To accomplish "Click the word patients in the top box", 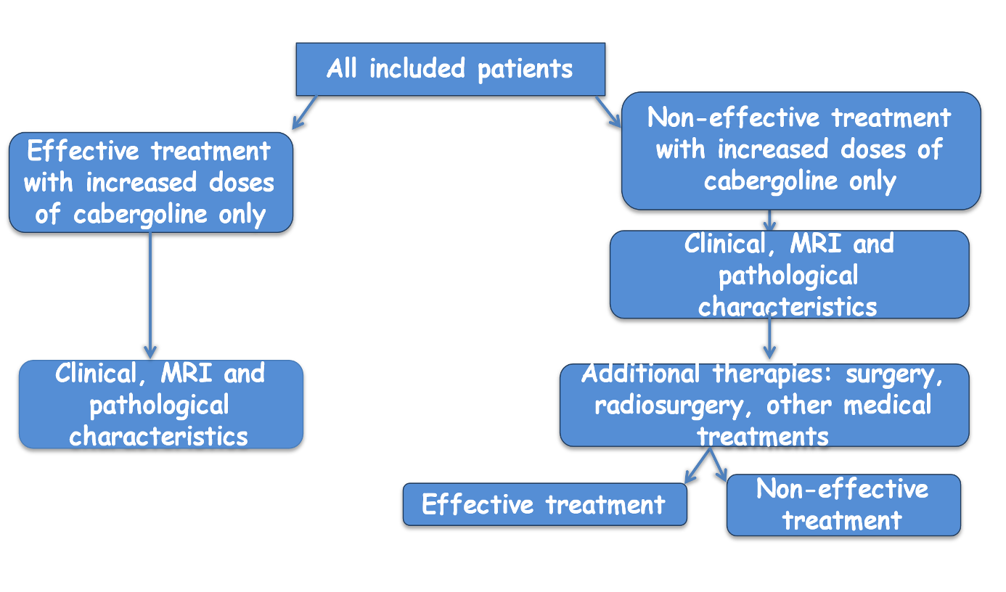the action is point(525,70).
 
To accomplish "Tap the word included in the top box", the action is point(417,69).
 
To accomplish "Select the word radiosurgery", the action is point(668,406).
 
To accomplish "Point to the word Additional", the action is point(640,374).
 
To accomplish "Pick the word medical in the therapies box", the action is point(888,406).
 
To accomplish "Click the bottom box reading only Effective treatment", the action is point(545,504).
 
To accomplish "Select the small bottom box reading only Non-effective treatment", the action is point(843,505).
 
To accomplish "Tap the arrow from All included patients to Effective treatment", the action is point(305,112).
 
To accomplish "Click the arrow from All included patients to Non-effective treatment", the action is point(608,112).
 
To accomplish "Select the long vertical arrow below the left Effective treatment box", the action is point(150,295).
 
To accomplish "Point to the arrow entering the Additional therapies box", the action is point(769,336).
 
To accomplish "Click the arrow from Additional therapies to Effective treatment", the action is point(698,466).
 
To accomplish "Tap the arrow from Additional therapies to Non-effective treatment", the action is point(718,465).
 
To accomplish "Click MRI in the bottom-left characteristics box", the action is point(187,373).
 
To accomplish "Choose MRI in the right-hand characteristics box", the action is point(816,244).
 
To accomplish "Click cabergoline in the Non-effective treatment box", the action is point(771,182).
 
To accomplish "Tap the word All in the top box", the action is point(342,69).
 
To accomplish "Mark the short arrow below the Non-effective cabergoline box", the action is point(769,221).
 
